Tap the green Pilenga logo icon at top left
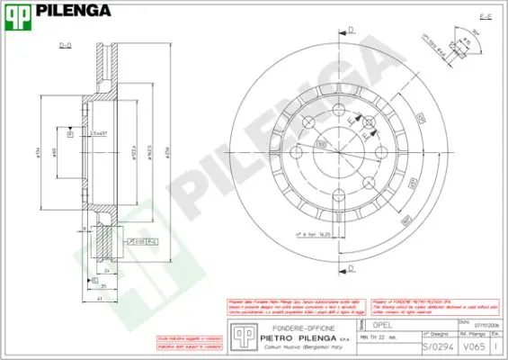[x=18, y=11]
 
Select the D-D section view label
[x=66, y=44]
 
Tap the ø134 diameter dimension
[x=37, y=151]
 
